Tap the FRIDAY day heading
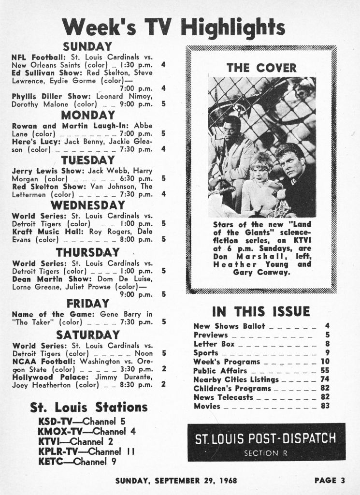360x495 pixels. click(87, 304)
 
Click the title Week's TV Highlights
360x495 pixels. click(174, 27)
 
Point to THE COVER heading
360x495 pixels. click(261, 68)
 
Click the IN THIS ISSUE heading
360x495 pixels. click(261, 311)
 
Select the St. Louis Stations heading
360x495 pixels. click(88, 407)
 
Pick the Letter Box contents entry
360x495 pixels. click(214, 344)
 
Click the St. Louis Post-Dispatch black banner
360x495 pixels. click(266, 442)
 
